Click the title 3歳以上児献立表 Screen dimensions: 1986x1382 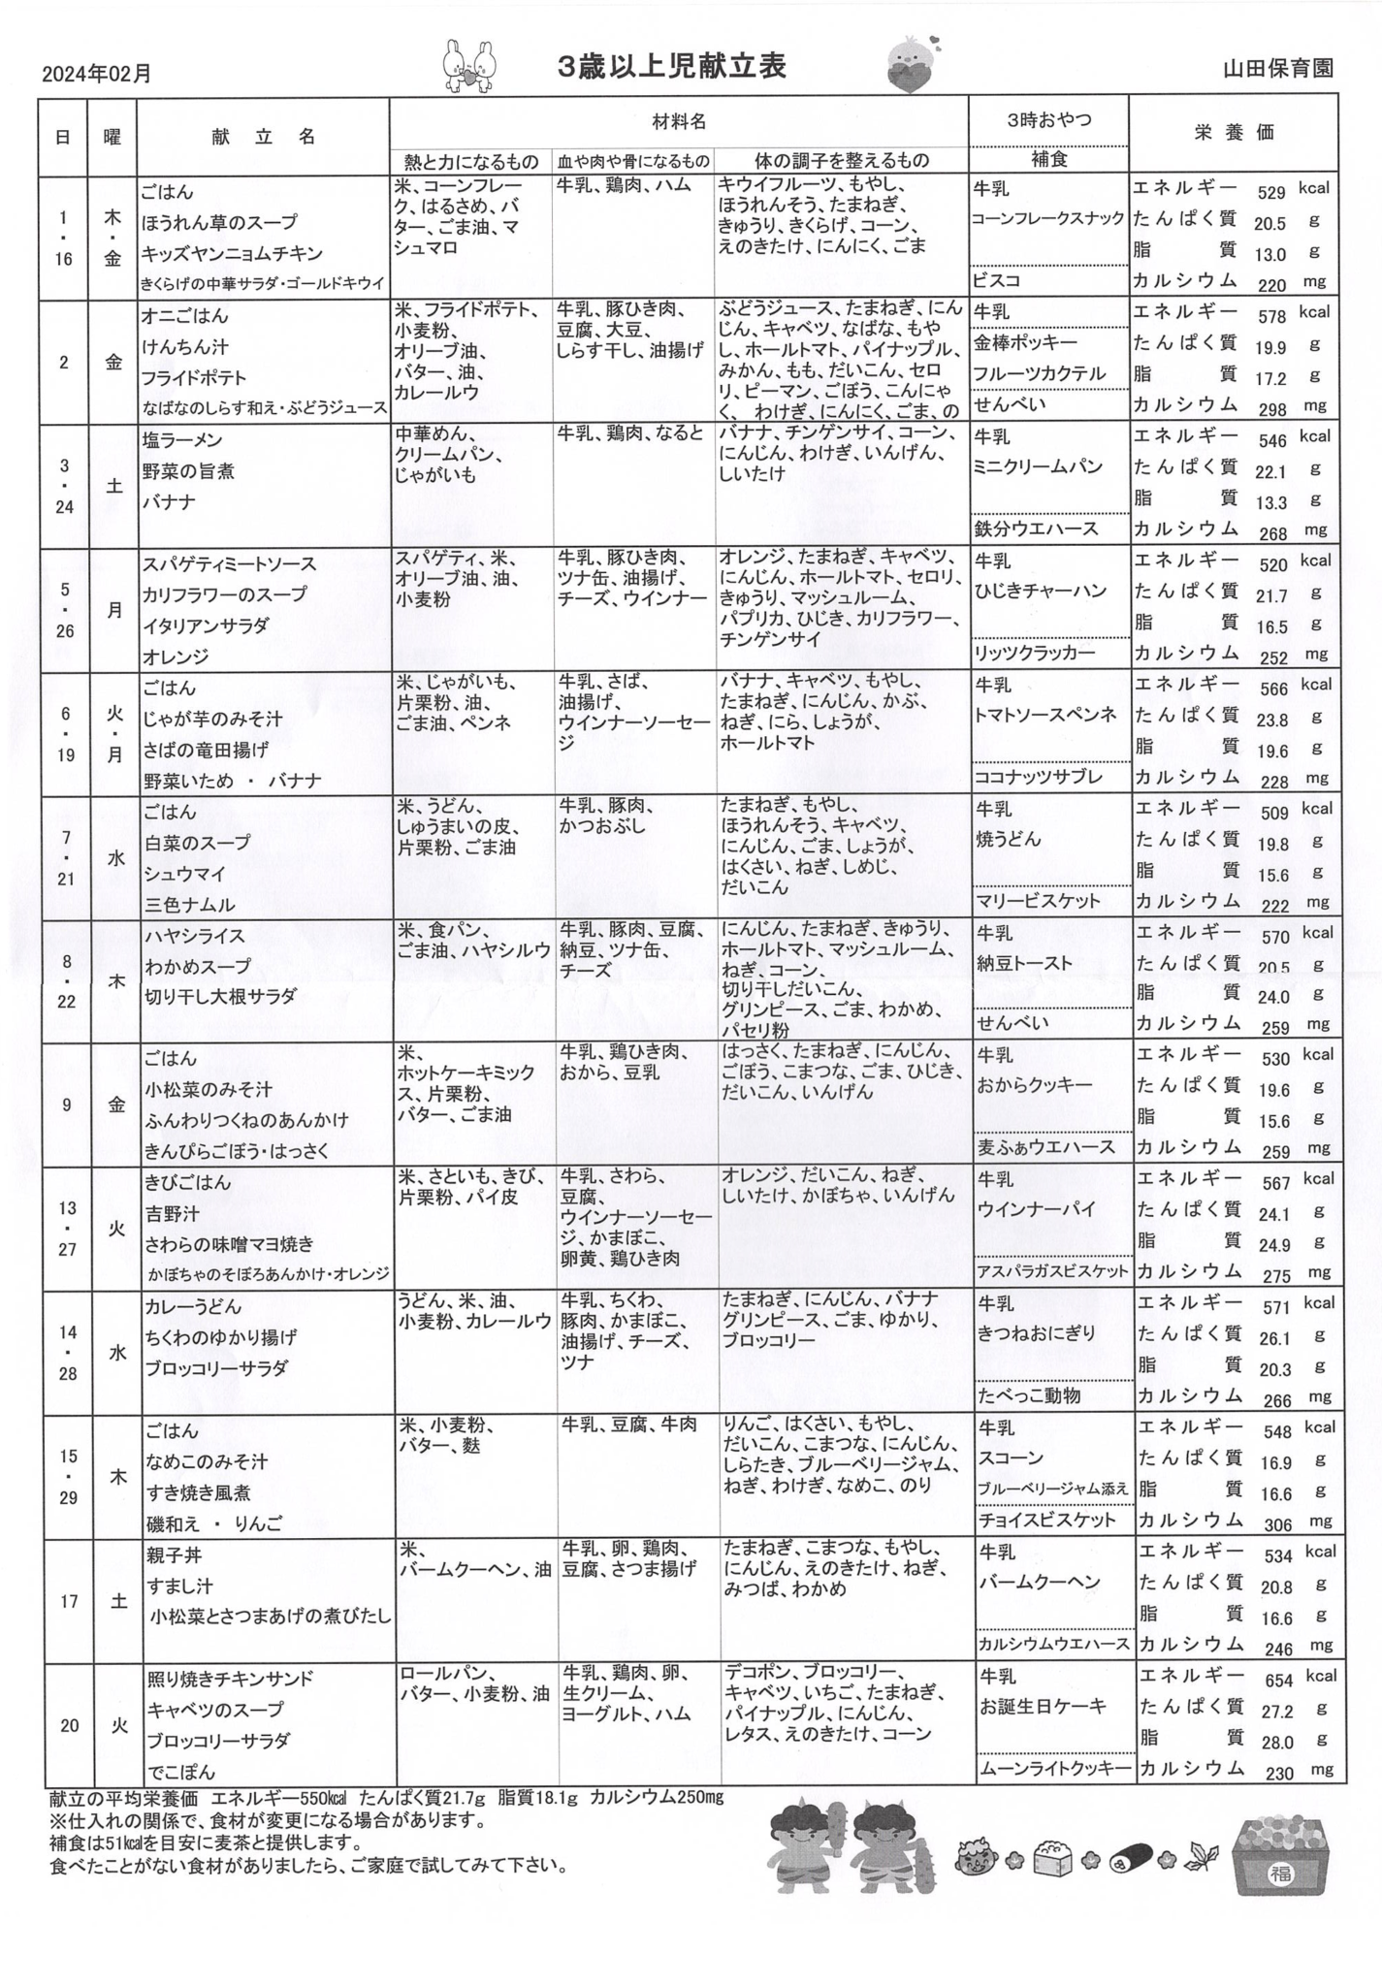[x=672, y=66]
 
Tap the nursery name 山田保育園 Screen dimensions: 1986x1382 [x=1278, y=68]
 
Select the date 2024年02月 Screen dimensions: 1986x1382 [x=97, y=74]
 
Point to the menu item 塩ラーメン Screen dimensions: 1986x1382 [x=183, y=440]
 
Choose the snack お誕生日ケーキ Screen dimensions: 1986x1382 [x=1042, y=1706]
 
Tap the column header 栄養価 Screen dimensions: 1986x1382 [x=1234, y=133]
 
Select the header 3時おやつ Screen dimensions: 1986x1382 [x=1048, y=120]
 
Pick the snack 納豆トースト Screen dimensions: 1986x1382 [x=1024, y=963]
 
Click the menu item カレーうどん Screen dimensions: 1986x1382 [x=193, y=1307]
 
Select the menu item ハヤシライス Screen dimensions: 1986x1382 [x=195, y=936]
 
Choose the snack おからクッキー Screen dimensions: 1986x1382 [x=1034, y=1085]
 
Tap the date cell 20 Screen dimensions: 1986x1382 [x=68, y=1725]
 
